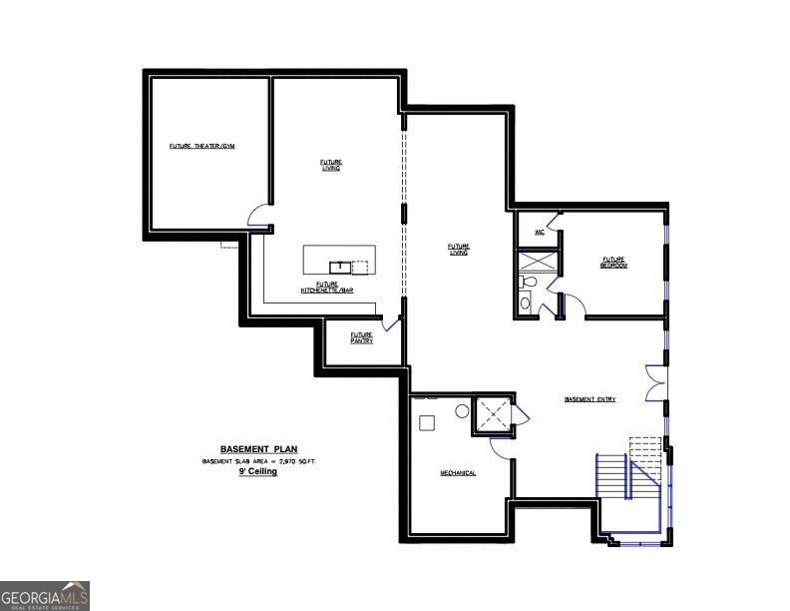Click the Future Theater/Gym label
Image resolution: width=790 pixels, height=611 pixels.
[x=201, y=147]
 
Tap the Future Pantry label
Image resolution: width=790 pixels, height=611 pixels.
[x=361, y=337]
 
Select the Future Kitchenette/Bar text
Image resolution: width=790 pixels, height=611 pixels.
[x=327, y=287]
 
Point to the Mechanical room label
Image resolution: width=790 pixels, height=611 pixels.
[x=458, y=472]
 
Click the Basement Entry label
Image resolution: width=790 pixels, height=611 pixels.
[x=590, y=399]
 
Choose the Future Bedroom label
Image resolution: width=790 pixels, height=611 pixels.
[x=612, y=262]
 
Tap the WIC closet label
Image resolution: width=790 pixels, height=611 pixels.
[x=539, y=232]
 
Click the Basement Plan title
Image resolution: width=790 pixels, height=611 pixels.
[x=258, y=449]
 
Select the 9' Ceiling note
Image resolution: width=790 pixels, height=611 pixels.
[x=257, y=471]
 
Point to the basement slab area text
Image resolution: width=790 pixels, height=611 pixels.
[x=258, y=461]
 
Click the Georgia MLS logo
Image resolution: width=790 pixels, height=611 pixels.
[x=45, y=595]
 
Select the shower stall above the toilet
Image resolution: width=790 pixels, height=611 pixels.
[x=538, y=261]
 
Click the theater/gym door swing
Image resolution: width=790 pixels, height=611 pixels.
[x=258, y=215]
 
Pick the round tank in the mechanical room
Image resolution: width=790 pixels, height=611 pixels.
[x=463, y=410]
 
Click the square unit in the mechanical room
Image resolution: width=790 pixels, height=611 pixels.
[x=427, y=422]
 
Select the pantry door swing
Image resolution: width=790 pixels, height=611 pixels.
[x=391, y=323]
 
